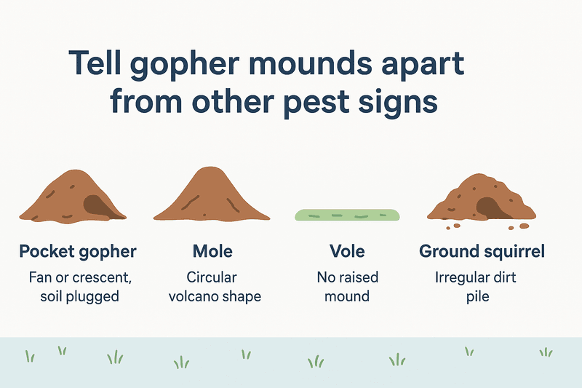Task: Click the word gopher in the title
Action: [x=184, y=66]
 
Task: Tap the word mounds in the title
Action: [x=310, y=63]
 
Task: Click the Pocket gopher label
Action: [x=78, y=252]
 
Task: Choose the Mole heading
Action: [x=212, y=251]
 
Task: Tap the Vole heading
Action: [x=347, y=251]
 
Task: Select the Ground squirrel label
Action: [x=482, y=252]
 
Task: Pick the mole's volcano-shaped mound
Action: [x=212, y=195]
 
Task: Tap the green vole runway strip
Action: [x=347, y=215]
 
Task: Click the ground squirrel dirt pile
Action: [x=482, y=199]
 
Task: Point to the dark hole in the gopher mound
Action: [x=97, y=207]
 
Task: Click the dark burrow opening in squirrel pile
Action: [x=490, y=208]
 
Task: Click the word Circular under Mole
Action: [x=212, y=278]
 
